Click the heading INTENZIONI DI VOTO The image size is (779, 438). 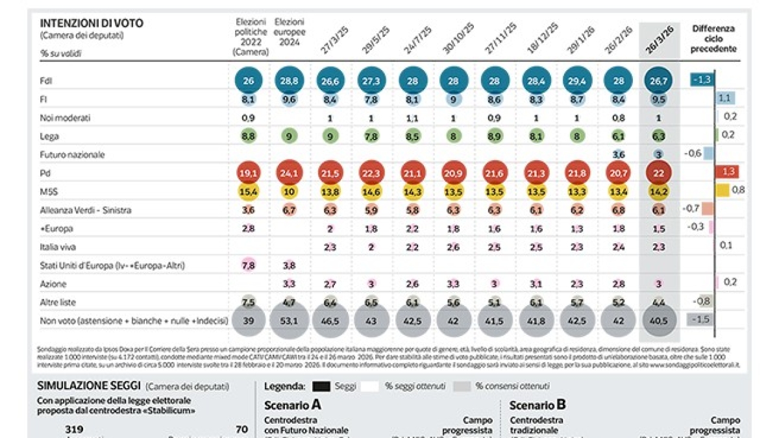pos(92,23)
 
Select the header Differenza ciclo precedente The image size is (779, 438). pos(713,38)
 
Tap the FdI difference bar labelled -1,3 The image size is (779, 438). pos(702,80)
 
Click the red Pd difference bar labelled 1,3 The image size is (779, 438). pos(726,172)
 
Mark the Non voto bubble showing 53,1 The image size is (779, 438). pos(290,322)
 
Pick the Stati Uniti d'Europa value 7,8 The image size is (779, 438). pos(247,265)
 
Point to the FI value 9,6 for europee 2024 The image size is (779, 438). pos(290,99)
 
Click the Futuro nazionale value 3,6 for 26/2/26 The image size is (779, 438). pos(619,154)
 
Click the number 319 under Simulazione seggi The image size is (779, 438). pos(75,429)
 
